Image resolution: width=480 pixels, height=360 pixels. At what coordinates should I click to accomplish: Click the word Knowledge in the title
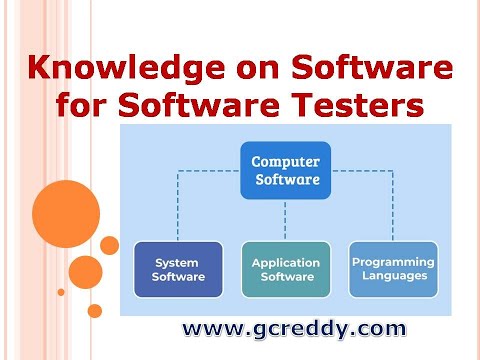pyautogui.click(x=130, y=70)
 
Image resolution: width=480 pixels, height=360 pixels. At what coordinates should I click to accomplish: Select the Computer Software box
pyautogui.click(x=285, y=170)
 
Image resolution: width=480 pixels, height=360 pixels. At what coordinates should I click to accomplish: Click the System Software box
pyautogui.click(x=178, y=269)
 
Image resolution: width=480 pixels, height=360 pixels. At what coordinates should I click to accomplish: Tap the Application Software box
pyautogui.click(x=285, y=269)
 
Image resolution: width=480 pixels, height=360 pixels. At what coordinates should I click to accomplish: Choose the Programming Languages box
pyautogui.click(x=393, y=269)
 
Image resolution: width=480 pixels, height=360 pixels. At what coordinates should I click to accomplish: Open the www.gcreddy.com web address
pyautogui.click(x=293, y=328)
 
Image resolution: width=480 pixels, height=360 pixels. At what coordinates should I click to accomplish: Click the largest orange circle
pyautogui.click(x=66, y=214)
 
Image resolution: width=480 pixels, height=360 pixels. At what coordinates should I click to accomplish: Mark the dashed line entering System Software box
pyautogui.click(x=178, y=210)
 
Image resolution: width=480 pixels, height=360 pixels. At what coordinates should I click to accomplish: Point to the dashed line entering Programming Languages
pyautogui.click(x=393, y=210)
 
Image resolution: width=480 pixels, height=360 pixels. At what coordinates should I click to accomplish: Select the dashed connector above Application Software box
pyautogui.click(x=285, y=220)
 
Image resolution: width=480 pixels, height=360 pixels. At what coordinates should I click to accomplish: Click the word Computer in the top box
pyautogui.click(x=285, y=161)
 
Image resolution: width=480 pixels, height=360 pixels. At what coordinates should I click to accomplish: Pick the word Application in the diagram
pyautogui.click(x=285, y=262)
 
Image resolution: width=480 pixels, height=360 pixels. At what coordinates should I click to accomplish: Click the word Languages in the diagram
pyautogui.click(x=393, y=275)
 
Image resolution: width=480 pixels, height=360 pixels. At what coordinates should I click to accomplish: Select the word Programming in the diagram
pyautogui.click(x=393, y=262)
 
